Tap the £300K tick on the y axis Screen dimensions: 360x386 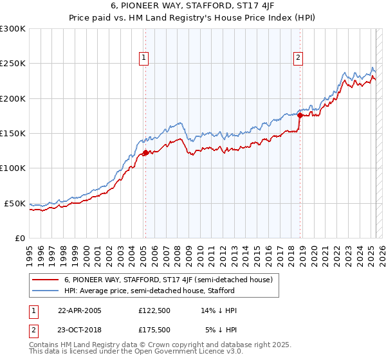pyautogui.click(x=13, y=29)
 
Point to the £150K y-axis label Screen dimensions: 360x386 pyautogui.click(x=13, y=133)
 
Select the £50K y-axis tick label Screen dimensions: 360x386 pyautogui.click(x=15, y=203)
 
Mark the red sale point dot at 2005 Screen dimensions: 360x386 pyautogui.click(x=145, y=152)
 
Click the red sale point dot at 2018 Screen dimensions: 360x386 pyautogui.click(x=300, y=115)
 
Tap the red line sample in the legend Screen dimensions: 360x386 pyautogui.click(x=46, y=280)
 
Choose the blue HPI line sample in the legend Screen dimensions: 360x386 pyautogui.click(x=46, y=291)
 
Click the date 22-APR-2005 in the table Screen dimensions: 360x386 pyautogui.click(x=80, y=310)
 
